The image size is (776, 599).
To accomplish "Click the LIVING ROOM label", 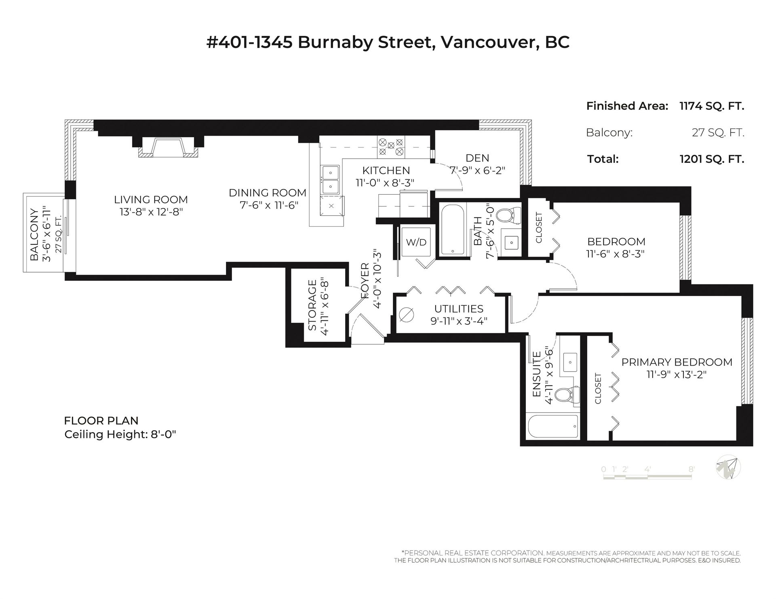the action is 151,200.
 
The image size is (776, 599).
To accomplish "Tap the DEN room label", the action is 477,158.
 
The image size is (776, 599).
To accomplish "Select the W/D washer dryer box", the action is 416,242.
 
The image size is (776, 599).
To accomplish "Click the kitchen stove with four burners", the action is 390,147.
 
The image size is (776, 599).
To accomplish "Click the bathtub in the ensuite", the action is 553,426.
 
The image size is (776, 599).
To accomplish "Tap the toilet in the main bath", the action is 508,215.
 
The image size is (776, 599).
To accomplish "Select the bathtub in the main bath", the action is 453,229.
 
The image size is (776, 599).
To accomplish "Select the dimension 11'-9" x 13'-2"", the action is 676,374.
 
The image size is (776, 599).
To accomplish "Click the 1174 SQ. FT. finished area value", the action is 712,106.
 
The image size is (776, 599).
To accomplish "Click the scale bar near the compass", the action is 648,476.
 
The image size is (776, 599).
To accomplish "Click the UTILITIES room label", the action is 459,309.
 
